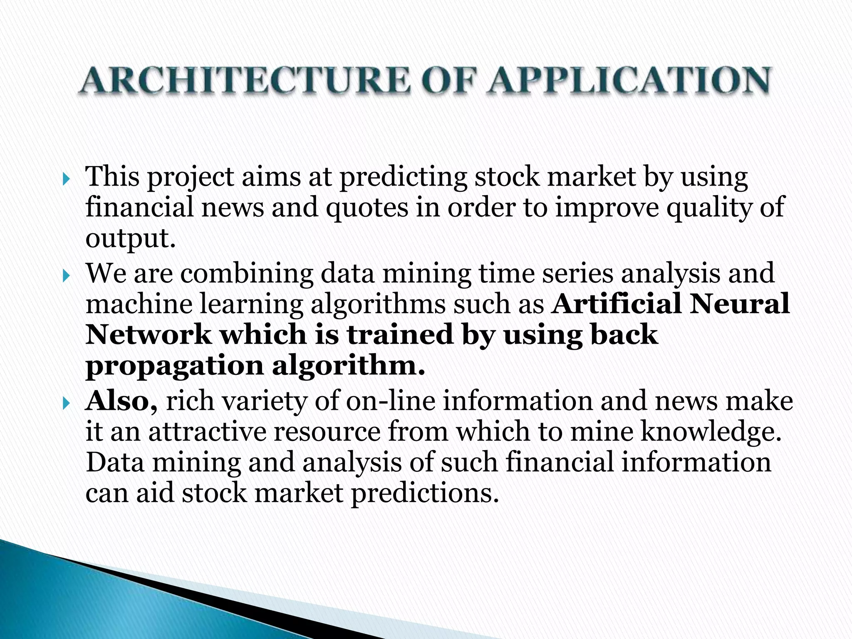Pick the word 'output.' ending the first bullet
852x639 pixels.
(130, 239)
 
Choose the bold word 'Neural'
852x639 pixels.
(739, 304)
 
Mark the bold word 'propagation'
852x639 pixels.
(174, 367)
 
